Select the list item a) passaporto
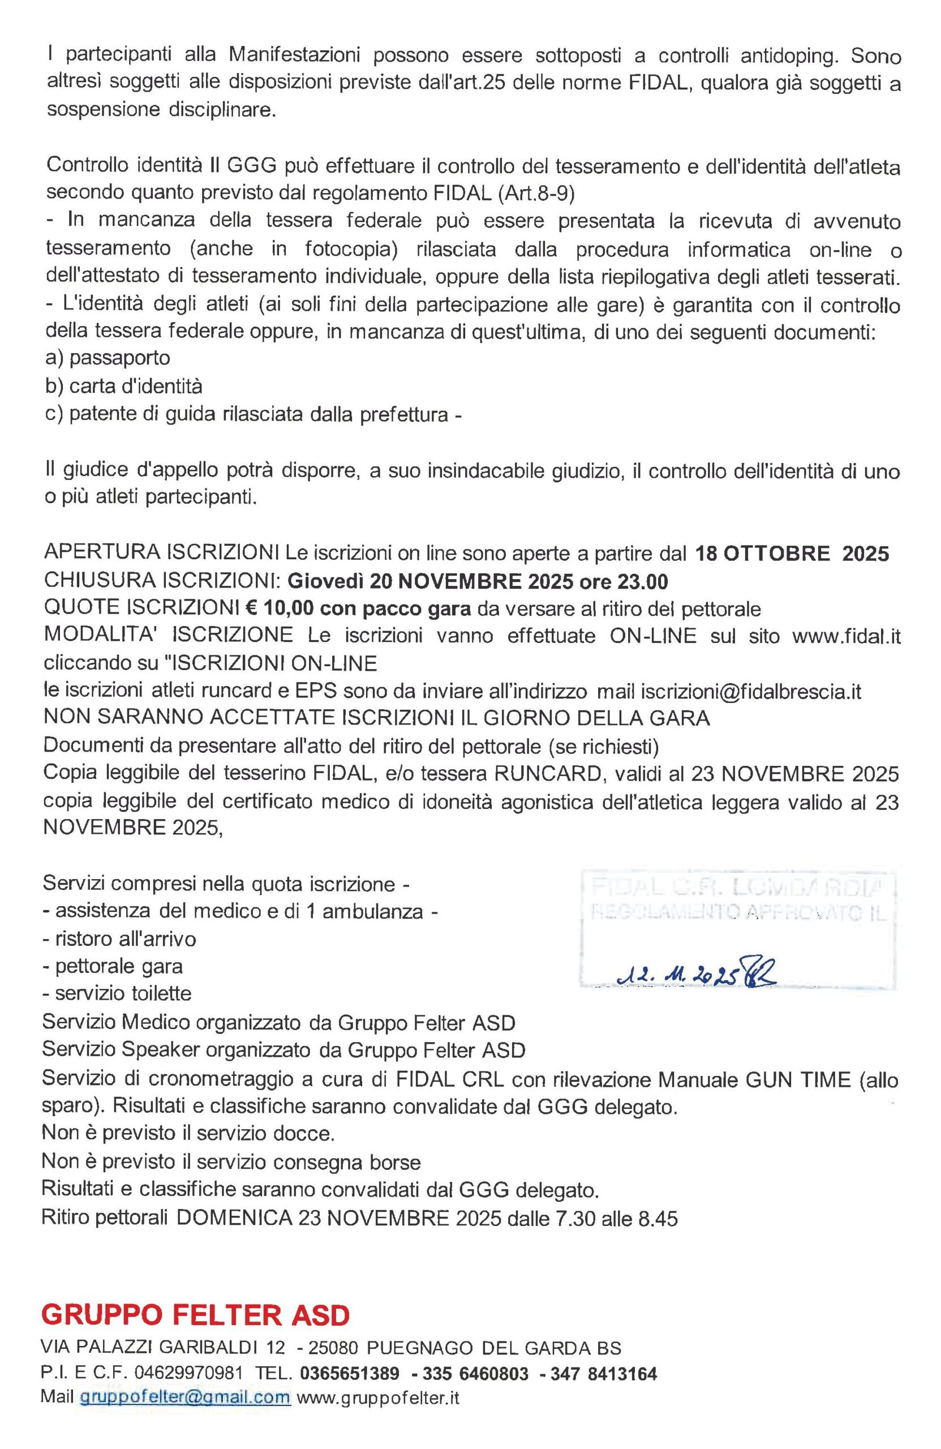tap(108, 357)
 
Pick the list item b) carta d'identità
tap(123, 386)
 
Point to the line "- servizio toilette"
tap(117, 993)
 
